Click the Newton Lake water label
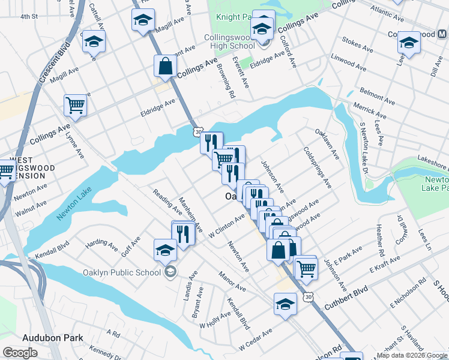(x=74, y=206)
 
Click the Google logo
(x=20, y=353)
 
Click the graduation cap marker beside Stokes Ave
(x=409, y=43)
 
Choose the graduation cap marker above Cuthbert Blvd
(x=285, y=304)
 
